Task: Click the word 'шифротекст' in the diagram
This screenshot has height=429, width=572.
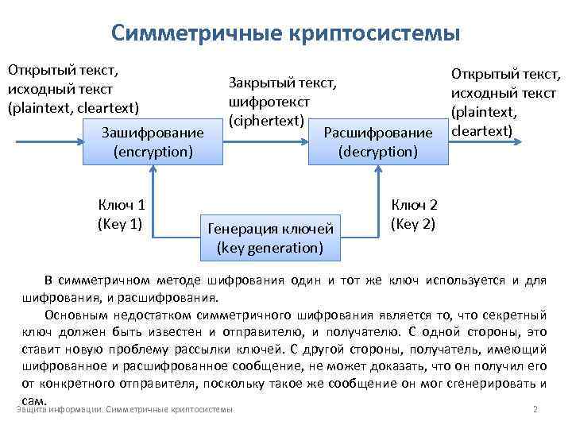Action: click(x=268, y=102)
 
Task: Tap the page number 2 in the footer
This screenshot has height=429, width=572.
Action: click(x=535, y=409)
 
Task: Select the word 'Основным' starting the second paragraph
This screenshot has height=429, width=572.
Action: click(x=71, y=314)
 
